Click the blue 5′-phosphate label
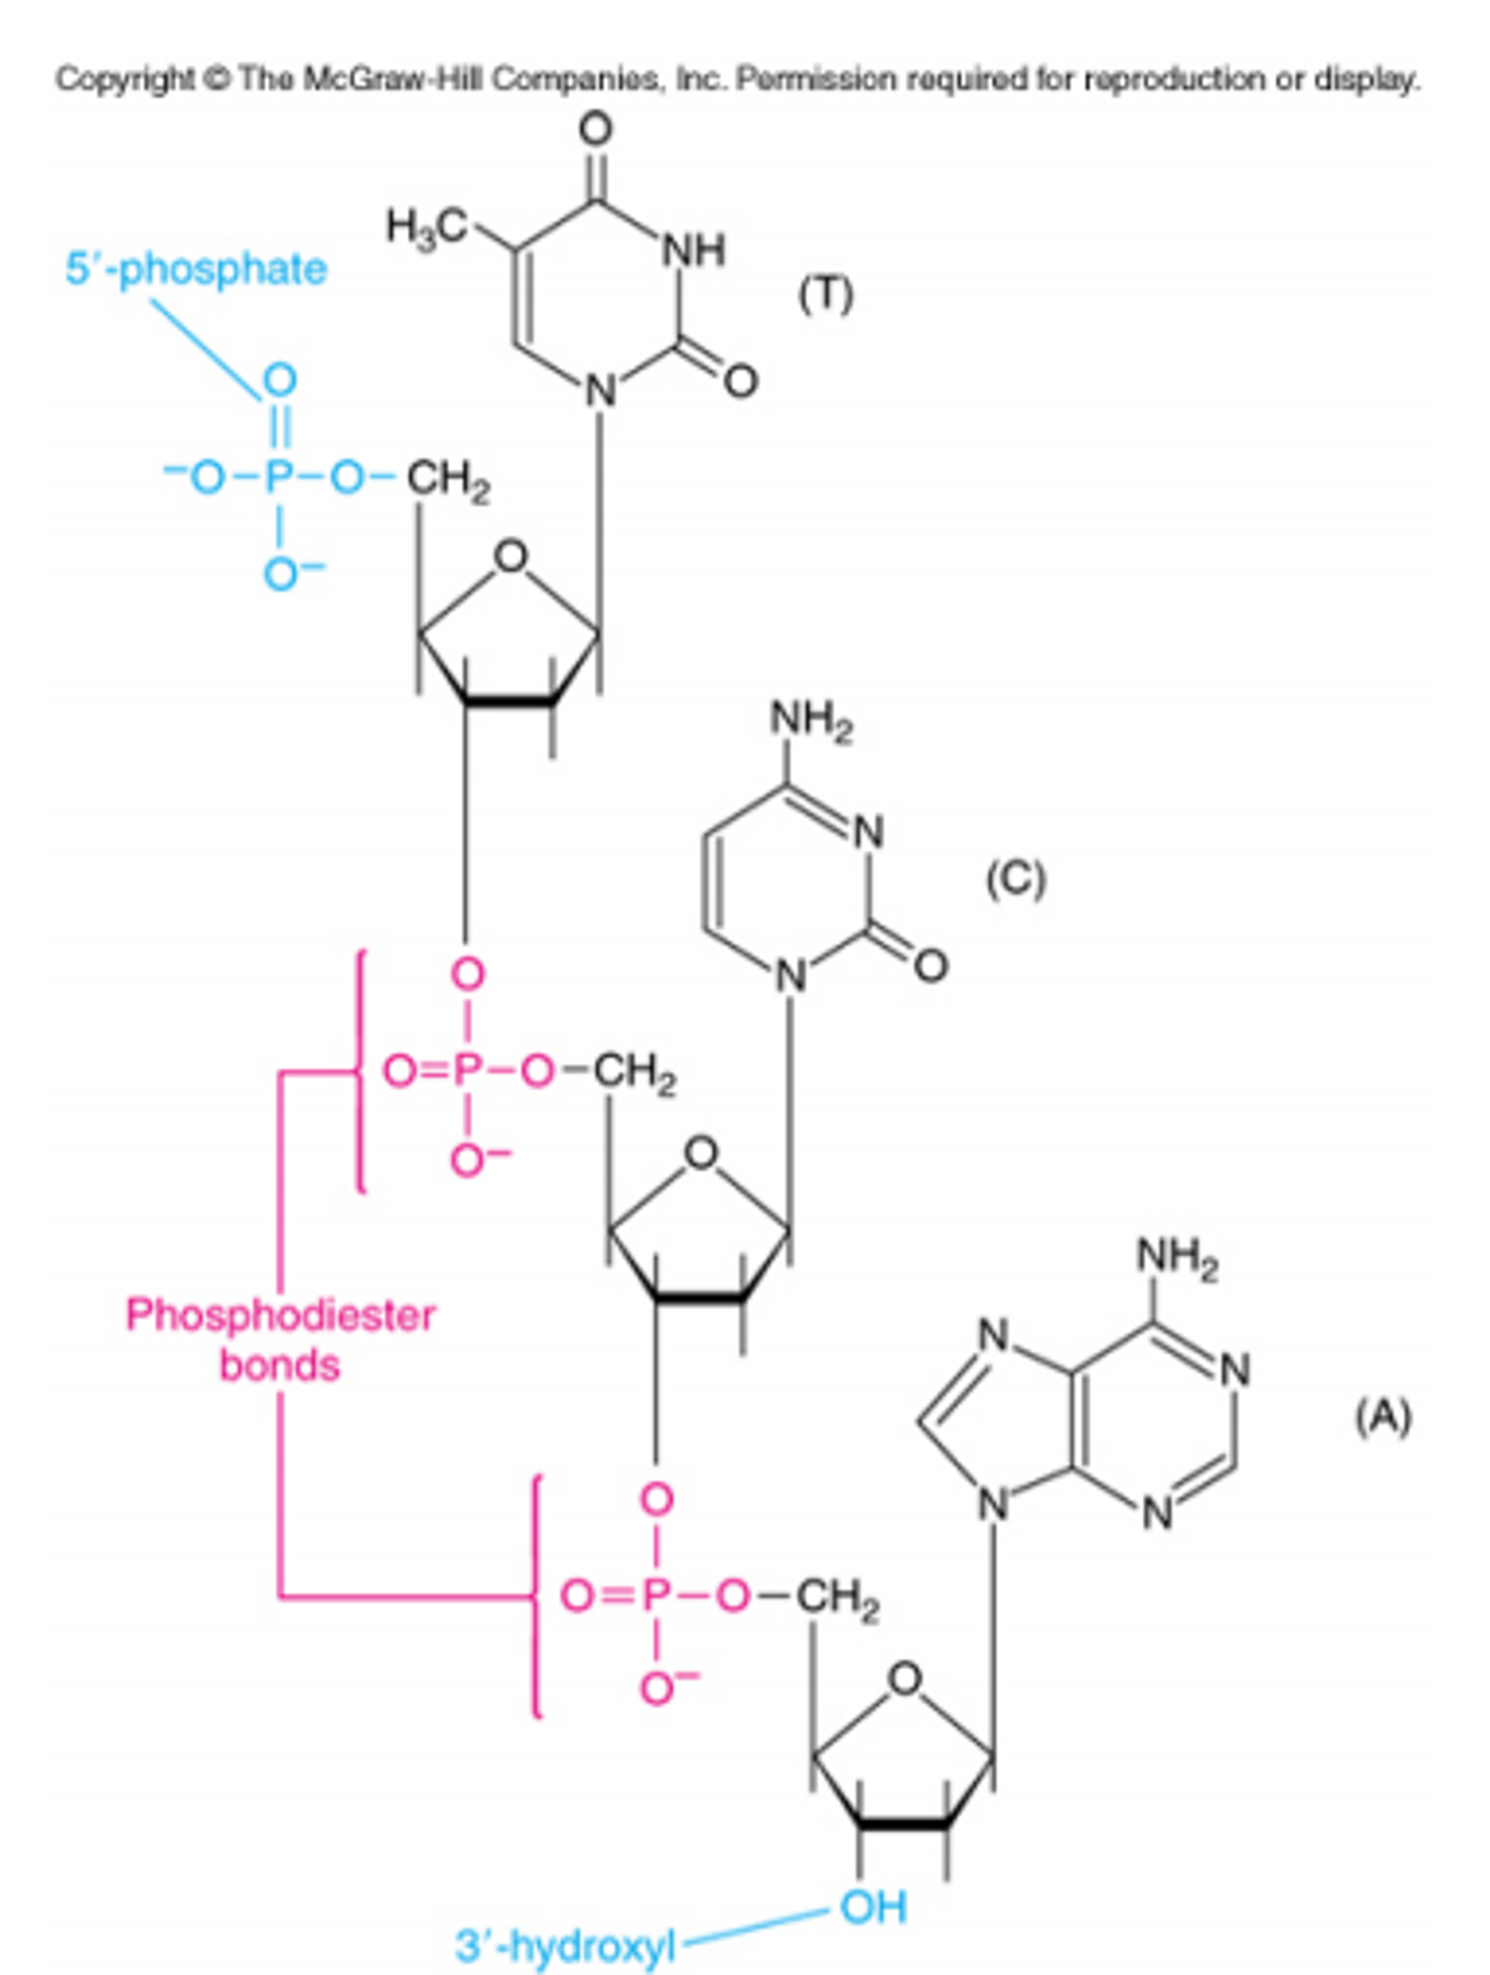click(196, 269)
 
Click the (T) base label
click(825, 296)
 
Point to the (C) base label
click(1015, 879)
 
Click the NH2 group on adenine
click(1177, 1258)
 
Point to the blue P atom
click(279, 479)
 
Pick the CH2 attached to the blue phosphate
click(448, 482)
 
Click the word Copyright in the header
click(124, 80)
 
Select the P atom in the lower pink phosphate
click(656, 1595)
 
